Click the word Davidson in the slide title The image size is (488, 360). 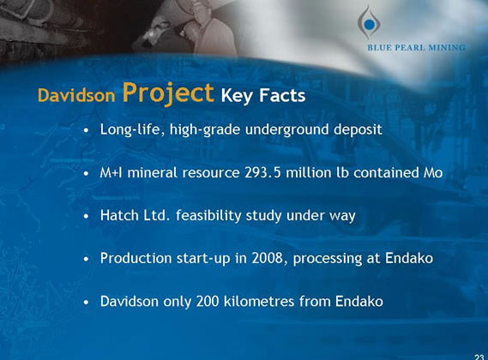(75, 96)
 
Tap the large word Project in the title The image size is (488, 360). (167, 93)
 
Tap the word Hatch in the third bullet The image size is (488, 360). (118, 215)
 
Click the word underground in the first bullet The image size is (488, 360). (287, 129)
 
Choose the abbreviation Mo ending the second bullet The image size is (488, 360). (433, 172)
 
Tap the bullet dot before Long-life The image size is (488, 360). (87, 131)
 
